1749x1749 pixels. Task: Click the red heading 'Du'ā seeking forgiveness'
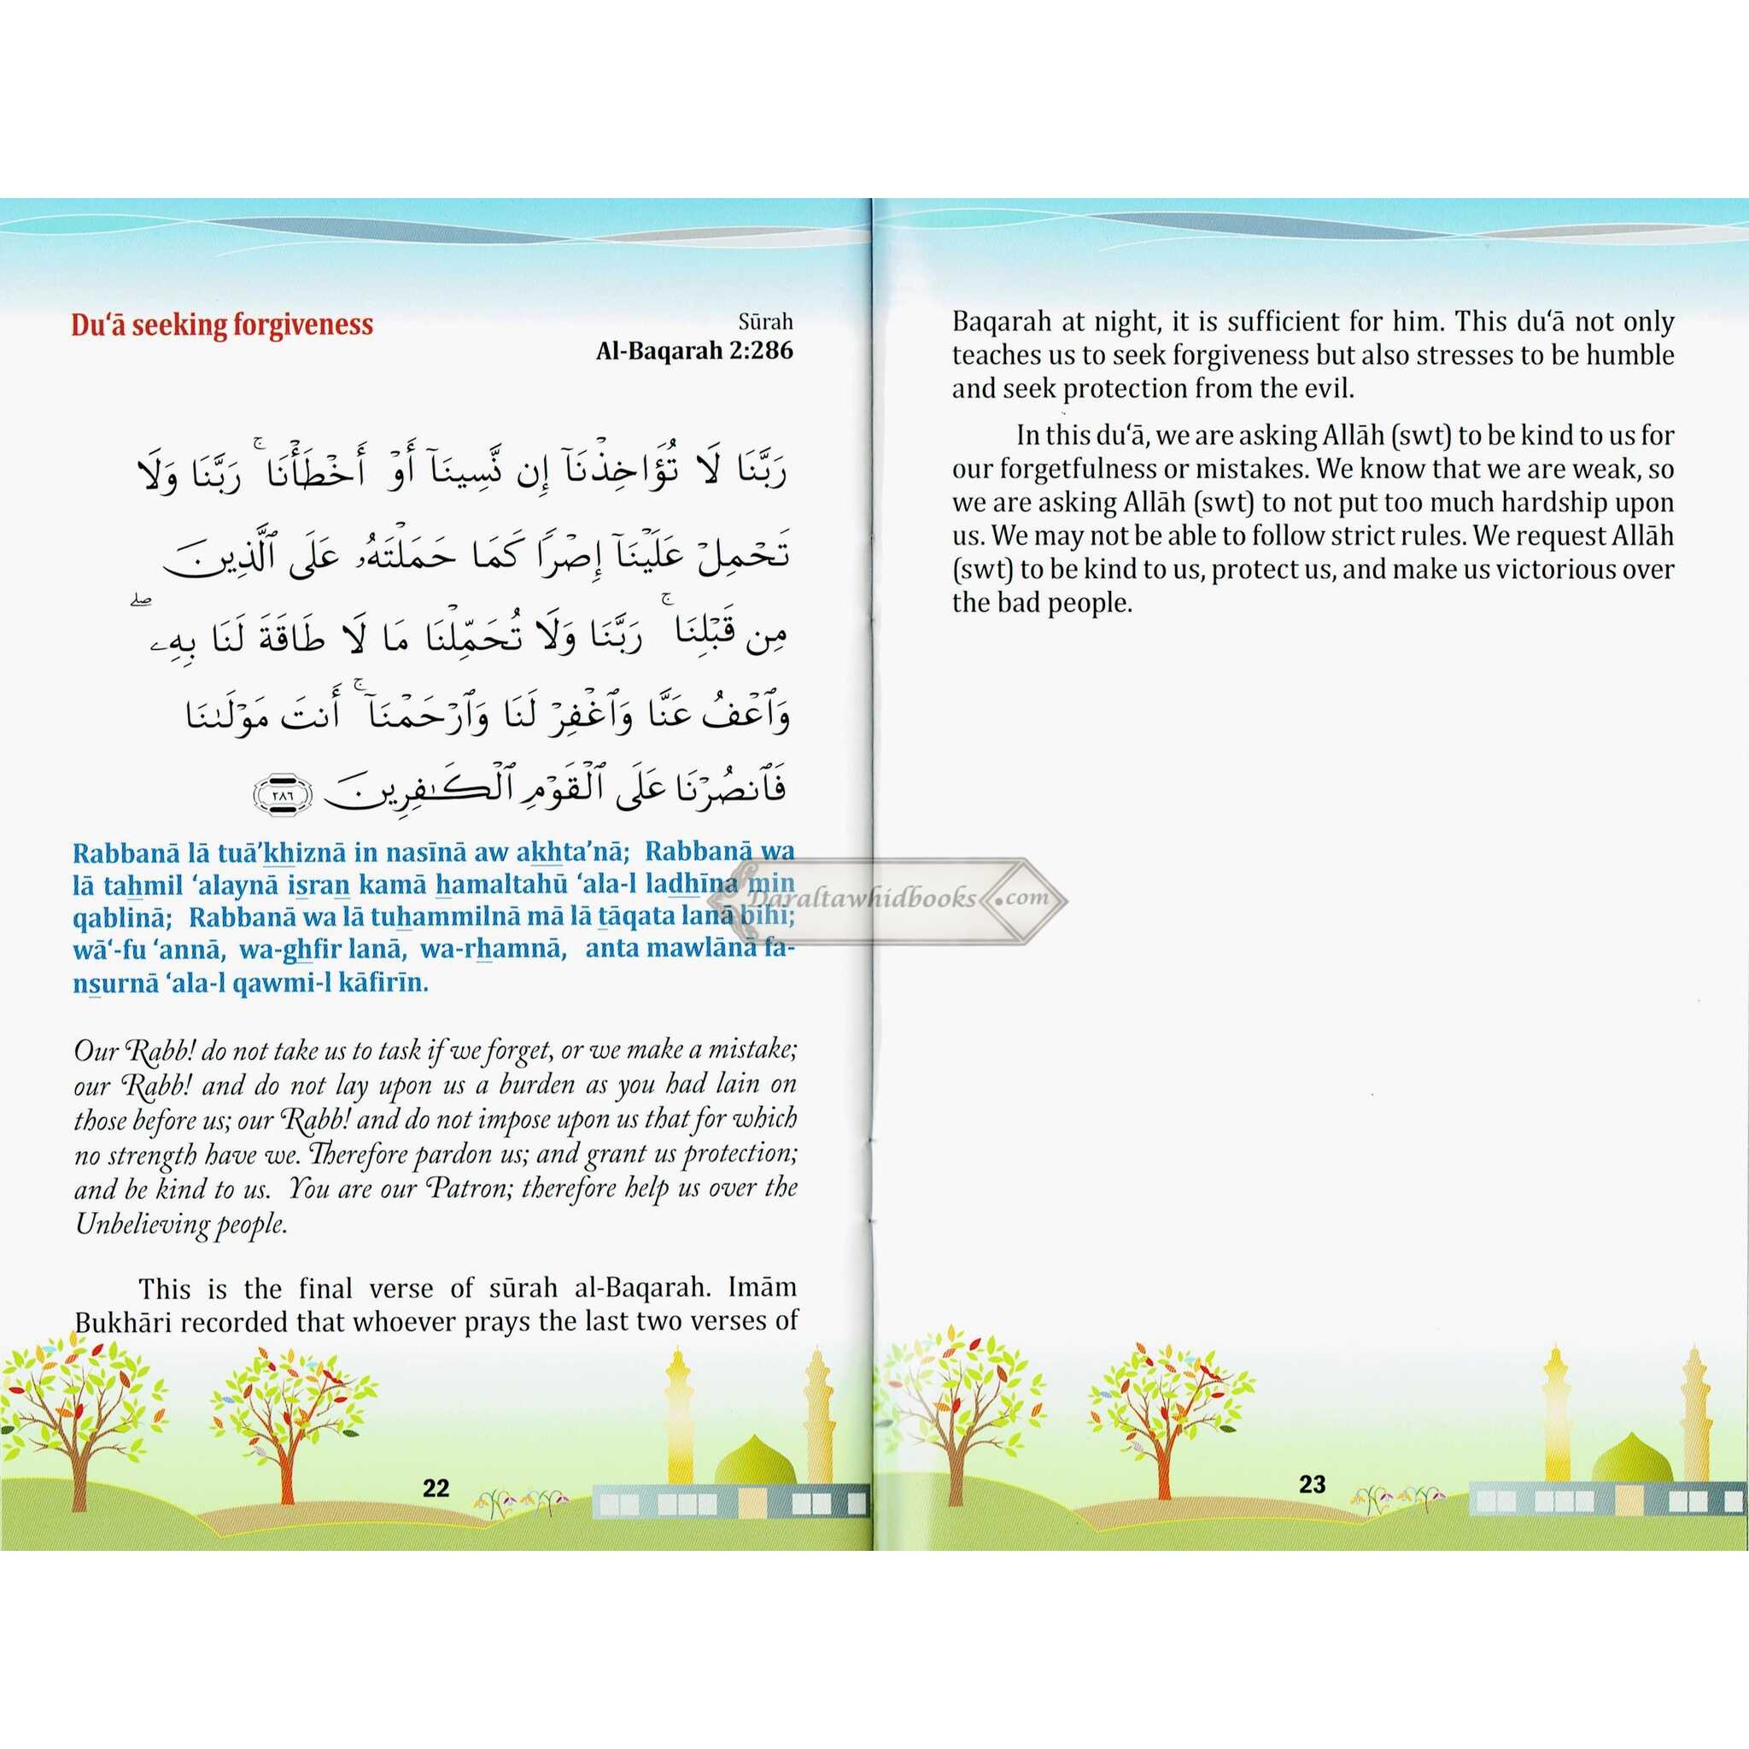[x=222, y=325]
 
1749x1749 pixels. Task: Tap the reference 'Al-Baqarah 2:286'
[x=693, y=350]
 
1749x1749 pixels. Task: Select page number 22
[x=436, y=1488]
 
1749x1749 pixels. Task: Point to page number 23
[x=1312, y=1483]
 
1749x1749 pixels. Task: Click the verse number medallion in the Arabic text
[x=283, y=794]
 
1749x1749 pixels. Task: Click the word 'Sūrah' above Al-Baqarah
[x=765, y=320]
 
